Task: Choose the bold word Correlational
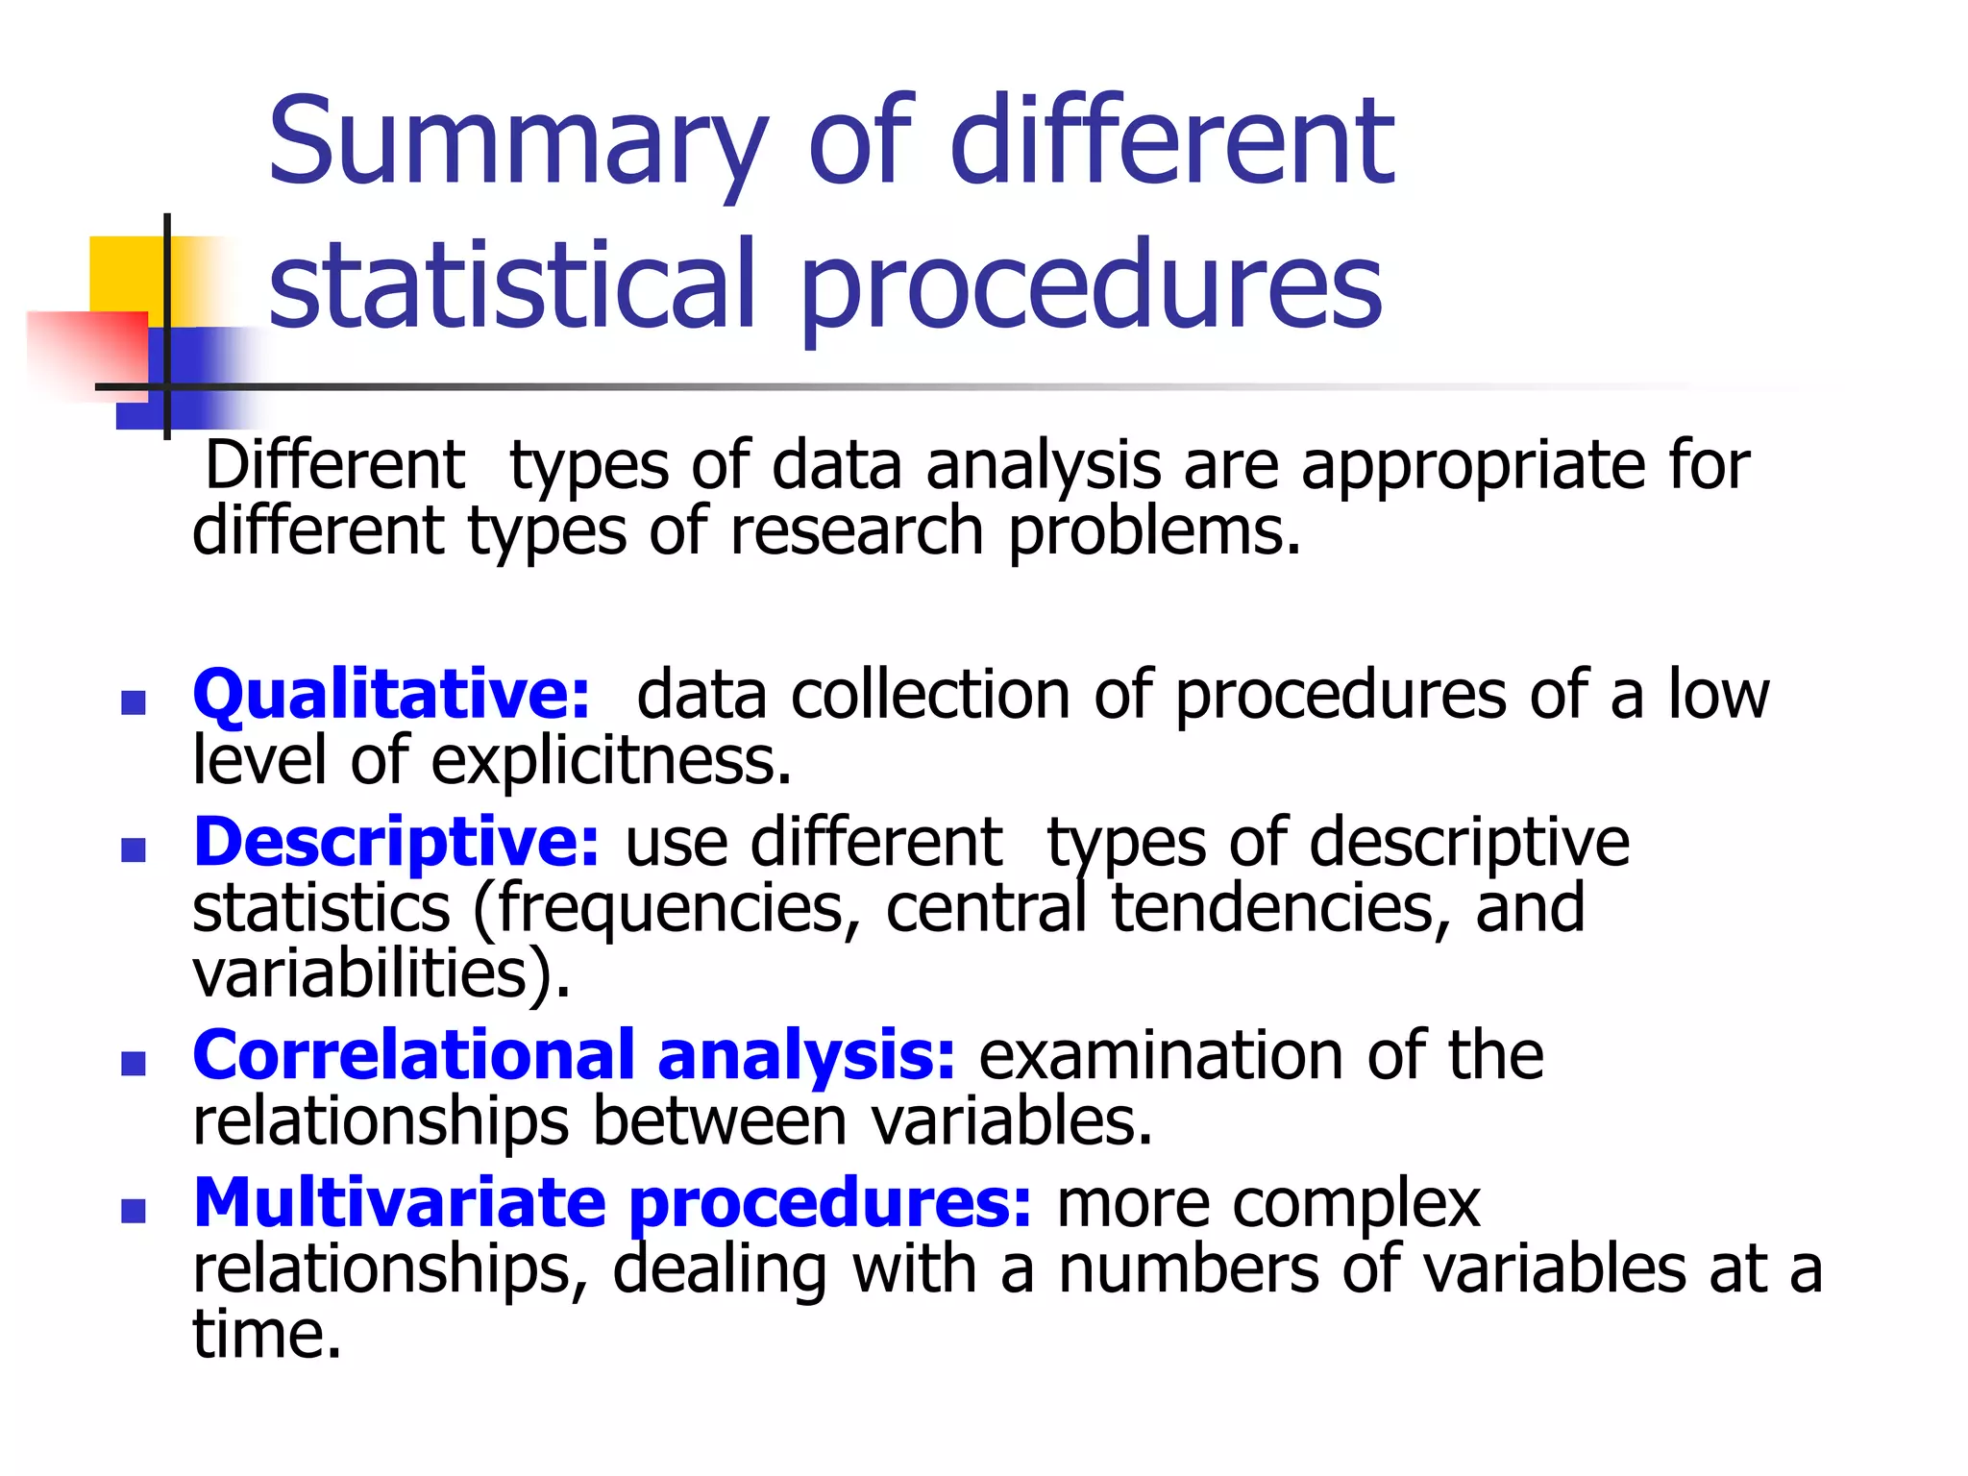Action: [414, 1055]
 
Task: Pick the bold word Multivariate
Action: [400, 1203]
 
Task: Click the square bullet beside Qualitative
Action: [134, 702]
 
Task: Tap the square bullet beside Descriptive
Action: [134, 849]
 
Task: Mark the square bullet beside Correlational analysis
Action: [134, 1063]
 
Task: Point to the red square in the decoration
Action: [86, 351]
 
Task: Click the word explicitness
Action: [610, 761]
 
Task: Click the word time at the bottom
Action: [266, 1335]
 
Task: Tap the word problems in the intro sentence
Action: [1153, 532]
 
